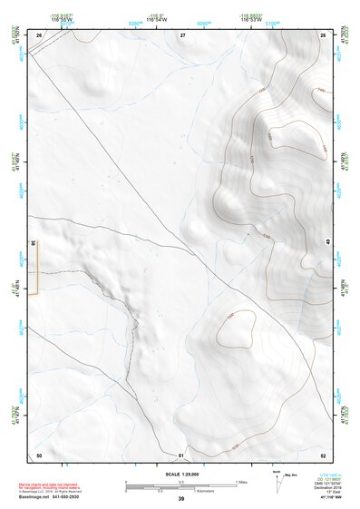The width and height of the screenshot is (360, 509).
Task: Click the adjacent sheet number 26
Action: (x=39, y=34)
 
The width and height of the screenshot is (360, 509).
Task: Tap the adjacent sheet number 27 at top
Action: (x=182, y=34)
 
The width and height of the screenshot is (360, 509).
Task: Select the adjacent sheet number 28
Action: (x=322, y=34)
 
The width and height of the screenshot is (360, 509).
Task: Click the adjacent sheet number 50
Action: (x=39, y=454)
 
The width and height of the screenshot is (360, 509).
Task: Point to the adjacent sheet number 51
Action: (x=181, y=454)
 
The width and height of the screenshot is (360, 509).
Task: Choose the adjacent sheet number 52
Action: (x=322, y=454)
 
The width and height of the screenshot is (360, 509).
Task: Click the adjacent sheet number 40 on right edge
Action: (x=327, y=241)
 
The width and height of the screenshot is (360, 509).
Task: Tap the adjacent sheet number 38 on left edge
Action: (x=33, y=243)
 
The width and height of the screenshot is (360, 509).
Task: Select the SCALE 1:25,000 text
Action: (x=182, y=475)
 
